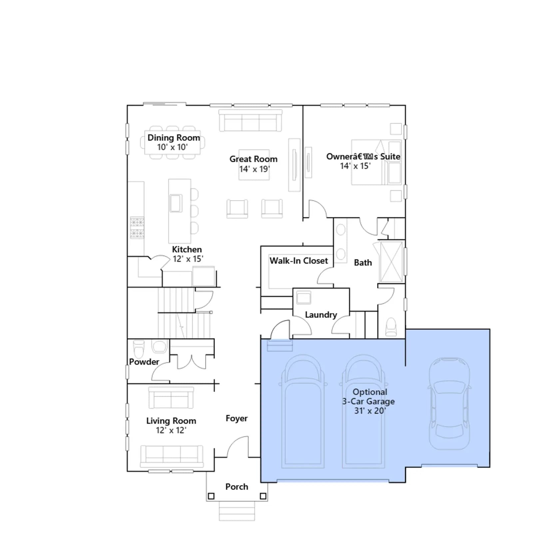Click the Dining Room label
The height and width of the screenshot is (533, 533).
(x=174, y=138)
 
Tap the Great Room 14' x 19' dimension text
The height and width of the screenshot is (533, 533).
(x=254, y=169)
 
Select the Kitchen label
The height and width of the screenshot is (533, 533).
(x=187, y=249)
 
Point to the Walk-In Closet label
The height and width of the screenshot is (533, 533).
(x=298, y=261)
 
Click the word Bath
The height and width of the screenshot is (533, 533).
(x=363, y=263)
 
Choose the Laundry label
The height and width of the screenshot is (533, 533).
(x=321, y=315)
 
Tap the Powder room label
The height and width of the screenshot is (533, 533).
(x=144, y=362)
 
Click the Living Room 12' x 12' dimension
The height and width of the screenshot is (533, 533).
(x=171, y=430)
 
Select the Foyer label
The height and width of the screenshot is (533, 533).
(x=237, y=418)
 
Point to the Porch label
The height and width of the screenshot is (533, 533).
(x=237, y=487)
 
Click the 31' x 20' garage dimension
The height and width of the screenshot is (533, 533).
(x=370, y=411)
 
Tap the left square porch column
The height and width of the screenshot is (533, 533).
(x=211, y=496)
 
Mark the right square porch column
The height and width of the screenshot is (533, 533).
(x=263, y=496)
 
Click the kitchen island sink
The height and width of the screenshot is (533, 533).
(x=176, y=203)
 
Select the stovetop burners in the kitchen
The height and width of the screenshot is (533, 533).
(x=137, y=228)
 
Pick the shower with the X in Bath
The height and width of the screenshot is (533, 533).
(x=391, y=262)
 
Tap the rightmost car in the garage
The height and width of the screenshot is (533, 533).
(x=449, y=403)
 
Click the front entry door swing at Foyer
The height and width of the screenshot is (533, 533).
(x=238, y=447)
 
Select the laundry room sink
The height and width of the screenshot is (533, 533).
(x=303, y=297)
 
